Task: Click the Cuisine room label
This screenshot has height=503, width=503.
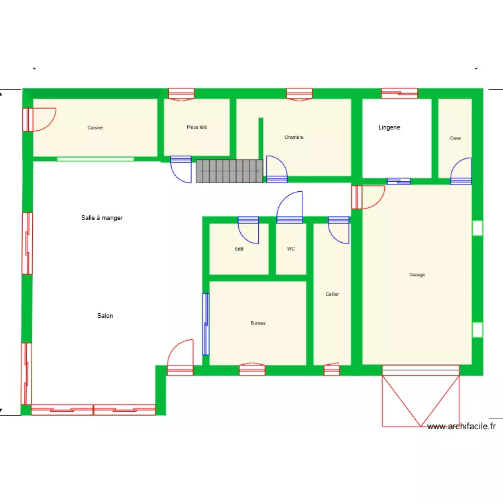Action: pos(95,127)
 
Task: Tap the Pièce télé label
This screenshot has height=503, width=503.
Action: pos(197,127)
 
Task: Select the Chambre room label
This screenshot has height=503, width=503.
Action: pos(294,137)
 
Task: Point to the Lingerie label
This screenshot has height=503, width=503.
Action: pos(389,127)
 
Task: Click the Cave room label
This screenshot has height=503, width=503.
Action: pos(455,139)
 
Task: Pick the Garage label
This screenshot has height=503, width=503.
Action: pos(417,274)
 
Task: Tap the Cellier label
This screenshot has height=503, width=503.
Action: pos(332,294)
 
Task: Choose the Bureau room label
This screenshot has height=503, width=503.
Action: pos(258,323)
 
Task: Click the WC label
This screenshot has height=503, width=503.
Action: pos(291,249)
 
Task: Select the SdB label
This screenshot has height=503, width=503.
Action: pos(239,249)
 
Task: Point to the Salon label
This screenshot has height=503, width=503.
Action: pos(105,316)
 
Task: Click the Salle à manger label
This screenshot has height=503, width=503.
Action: pos(102,218)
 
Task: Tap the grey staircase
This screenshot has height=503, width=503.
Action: pos(229,171)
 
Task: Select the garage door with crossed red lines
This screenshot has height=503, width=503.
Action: pos(421,398)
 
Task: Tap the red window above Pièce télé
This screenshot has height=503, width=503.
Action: pos(181,94)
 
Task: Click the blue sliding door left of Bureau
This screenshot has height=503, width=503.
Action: pos(205,324)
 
